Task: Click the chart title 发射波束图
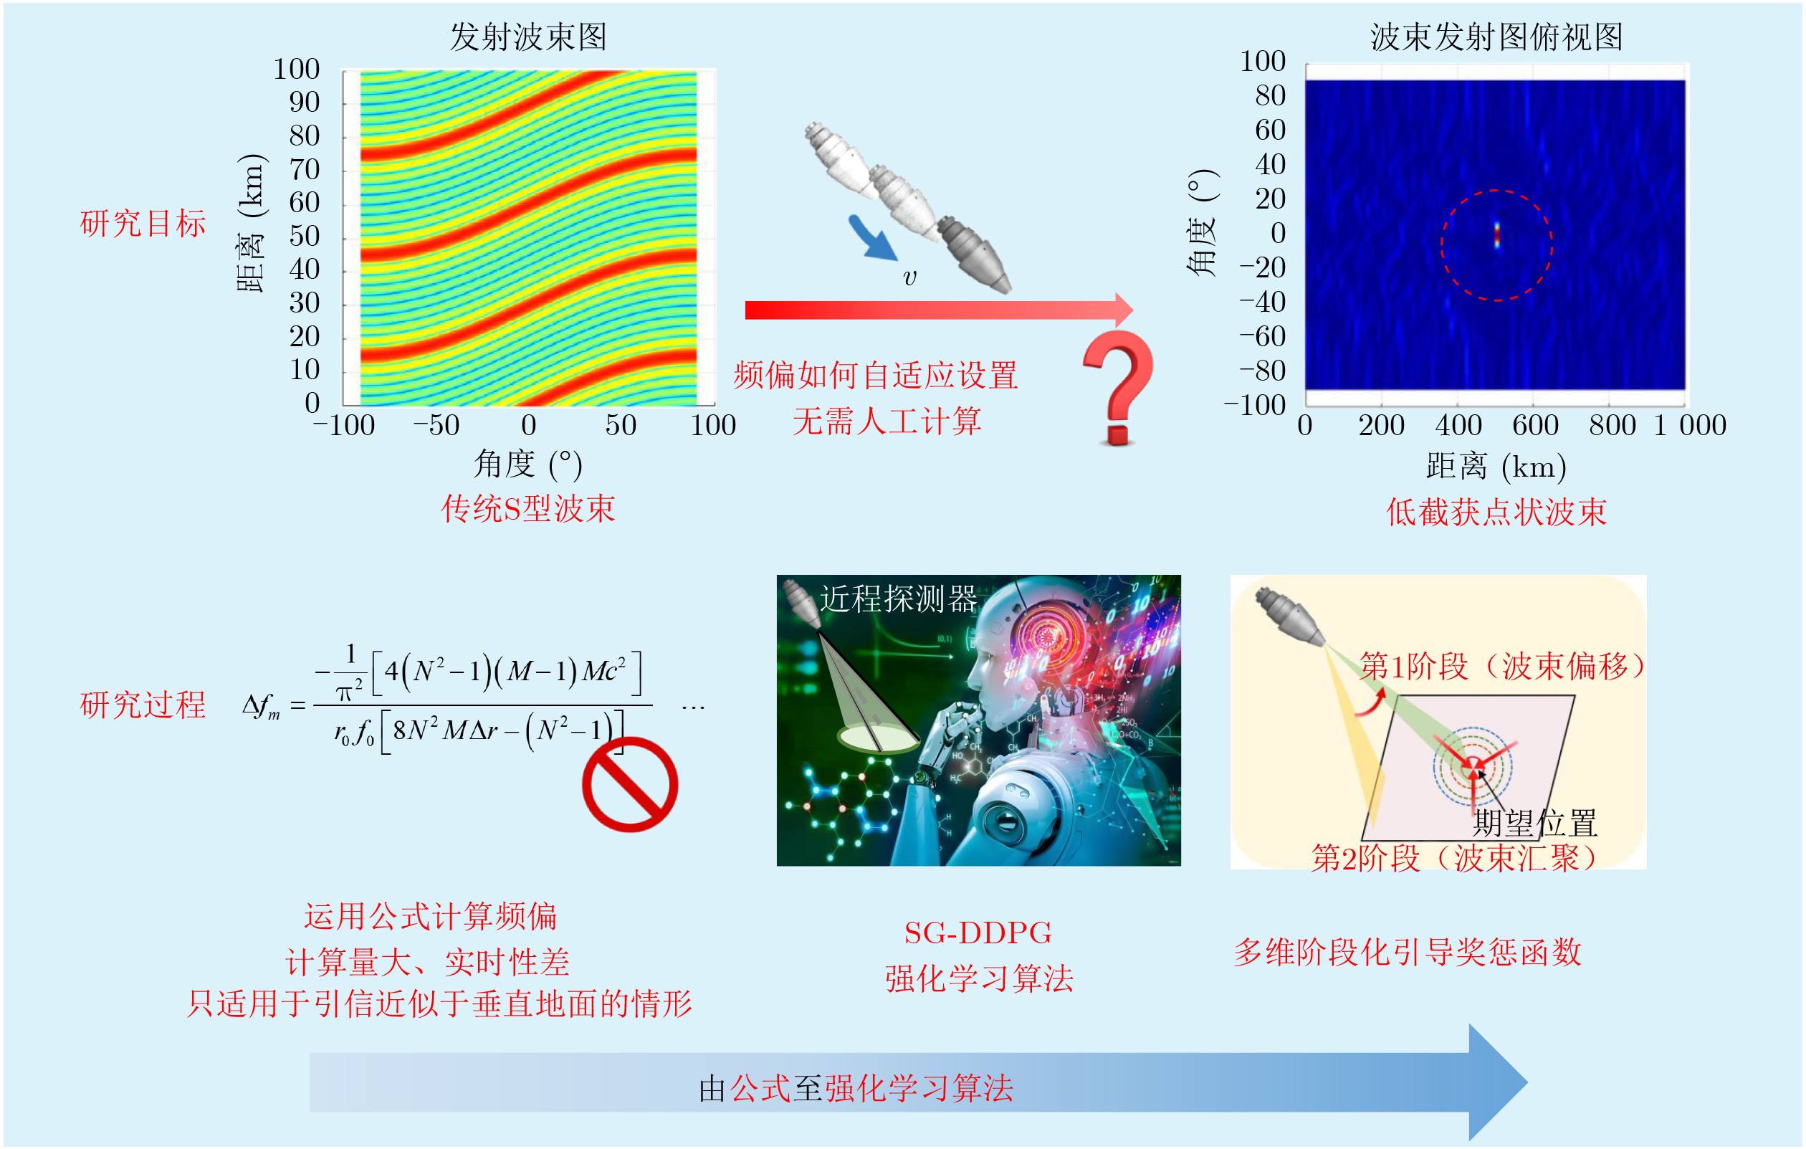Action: click(528, 36)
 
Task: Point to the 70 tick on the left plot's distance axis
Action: click(305, 169)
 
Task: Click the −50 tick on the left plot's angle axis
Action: click(436, 425)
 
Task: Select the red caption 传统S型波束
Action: click(528, 508)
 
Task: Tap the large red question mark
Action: click(1118, 387)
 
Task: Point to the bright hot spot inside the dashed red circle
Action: click(1497, 235)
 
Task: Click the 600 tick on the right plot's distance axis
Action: click(1535, 425)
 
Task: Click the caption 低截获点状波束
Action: click(1496, 512)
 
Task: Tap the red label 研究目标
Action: click(143, 224)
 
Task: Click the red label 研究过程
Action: click(143, 705)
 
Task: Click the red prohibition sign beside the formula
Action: click(630, 784)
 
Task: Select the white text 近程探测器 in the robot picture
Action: click(898, 599)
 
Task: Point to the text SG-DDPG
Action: click(978, 933)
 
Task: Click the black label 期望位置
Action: click(1535, 823)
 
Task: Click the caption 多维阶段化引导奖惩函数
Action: click(1408, 953)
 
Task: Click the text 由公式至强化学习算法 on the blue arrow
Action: click(856, 1088)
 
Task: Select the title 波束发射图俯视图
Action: click(1496, 36)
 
